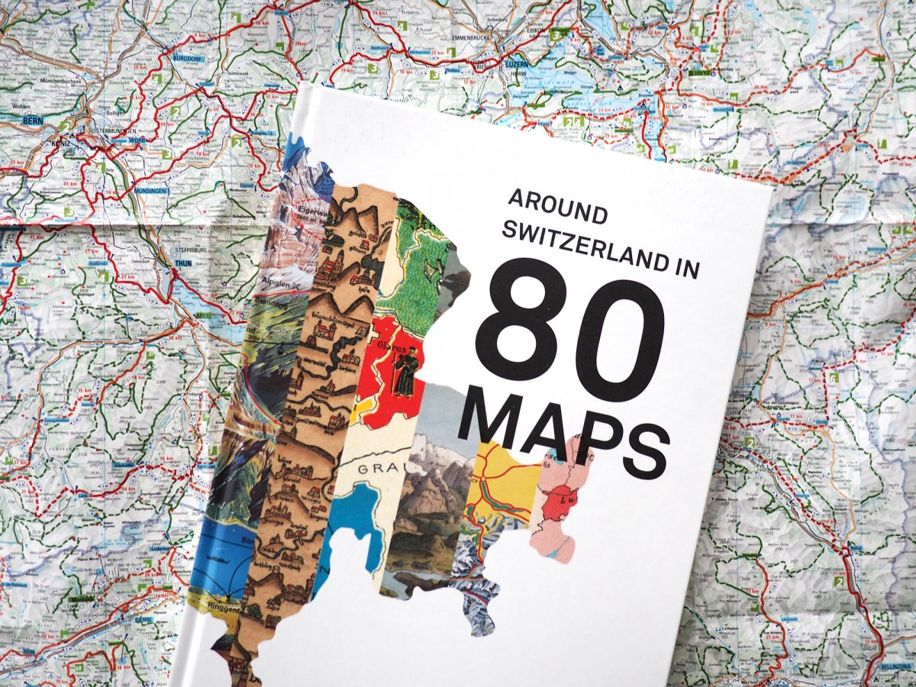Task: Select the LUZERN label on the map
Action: [516, 64]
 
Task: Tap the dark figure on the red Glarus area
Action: [405, 372]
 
